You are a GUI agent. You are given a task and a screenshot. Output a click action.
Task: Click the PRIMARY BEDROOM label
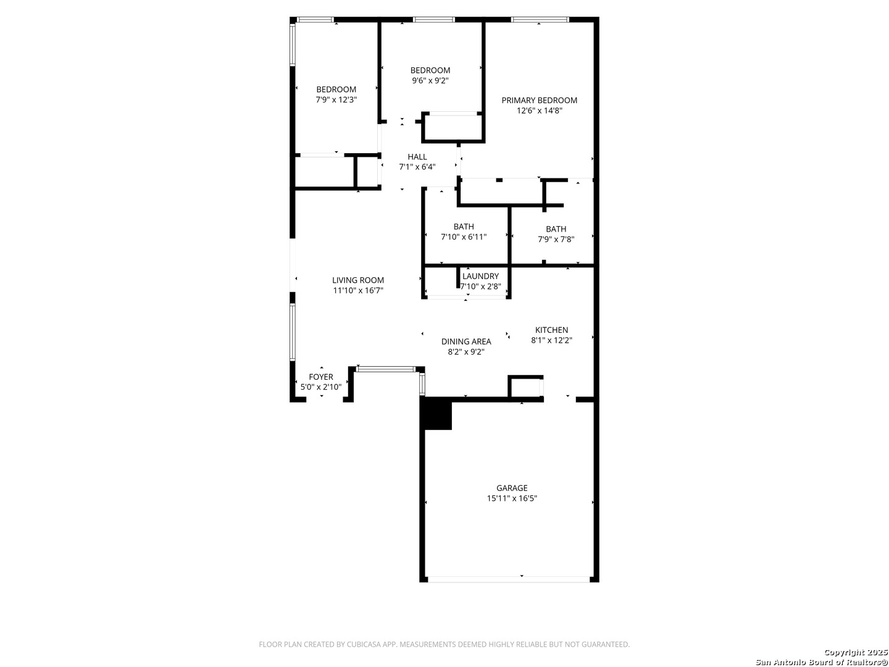click(x=539, y=100)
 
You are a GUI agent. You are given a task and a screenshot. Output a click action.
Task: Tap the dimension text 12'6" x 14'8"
click(x=539, y=111)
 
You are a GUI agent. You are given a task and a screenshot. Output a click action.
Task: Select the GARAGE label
click(x=512, y=488)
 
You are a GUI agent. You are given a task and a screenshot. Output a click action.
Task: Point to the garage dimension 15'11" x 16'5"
click(x=512, y=498)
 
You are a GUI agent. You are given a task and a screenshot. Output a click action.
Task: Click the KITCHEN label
click(x=551, y=330)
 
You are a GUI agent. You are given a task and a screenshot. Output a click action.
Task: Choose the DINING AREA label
click(x=465, y=342)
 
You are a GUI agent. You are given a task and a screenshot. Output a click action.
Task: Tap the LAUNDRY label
click(x=480, y=276)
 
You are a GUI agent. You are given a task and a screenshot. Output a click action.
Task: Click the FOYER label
click(x=321, y=377)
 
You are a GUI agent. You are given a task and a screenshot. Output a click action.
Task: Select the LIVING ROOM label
click(x=357, y=280)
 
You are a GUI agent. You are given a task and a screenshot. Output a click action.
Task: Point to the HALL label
click(x=417, y=157)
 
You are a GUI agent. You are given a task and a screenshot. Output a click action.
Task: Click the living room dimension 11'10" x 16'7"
click(x=357, y=290)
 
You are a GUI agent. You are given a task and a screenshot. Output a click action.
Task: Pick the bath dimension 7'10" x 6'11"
click(x=464, y=237)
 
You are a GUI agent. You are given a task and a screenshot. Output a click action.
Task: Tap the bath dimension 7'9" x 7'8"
click(x=556, y=240)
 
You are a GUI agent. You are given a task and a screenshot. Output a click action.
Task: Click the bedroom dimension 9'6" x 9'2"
click(x=430, y=80)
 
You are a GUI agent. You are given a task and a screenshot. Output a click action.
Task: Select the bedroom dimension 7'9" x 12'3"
click(x=336, y=99)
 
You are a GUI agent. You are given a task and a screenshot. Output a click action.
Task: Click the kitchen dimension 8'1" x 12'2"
click(x=551, y=340)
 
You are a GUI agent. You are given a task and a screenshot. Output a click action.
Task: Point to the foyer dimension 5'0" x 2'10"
click(x=321, y=387)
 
